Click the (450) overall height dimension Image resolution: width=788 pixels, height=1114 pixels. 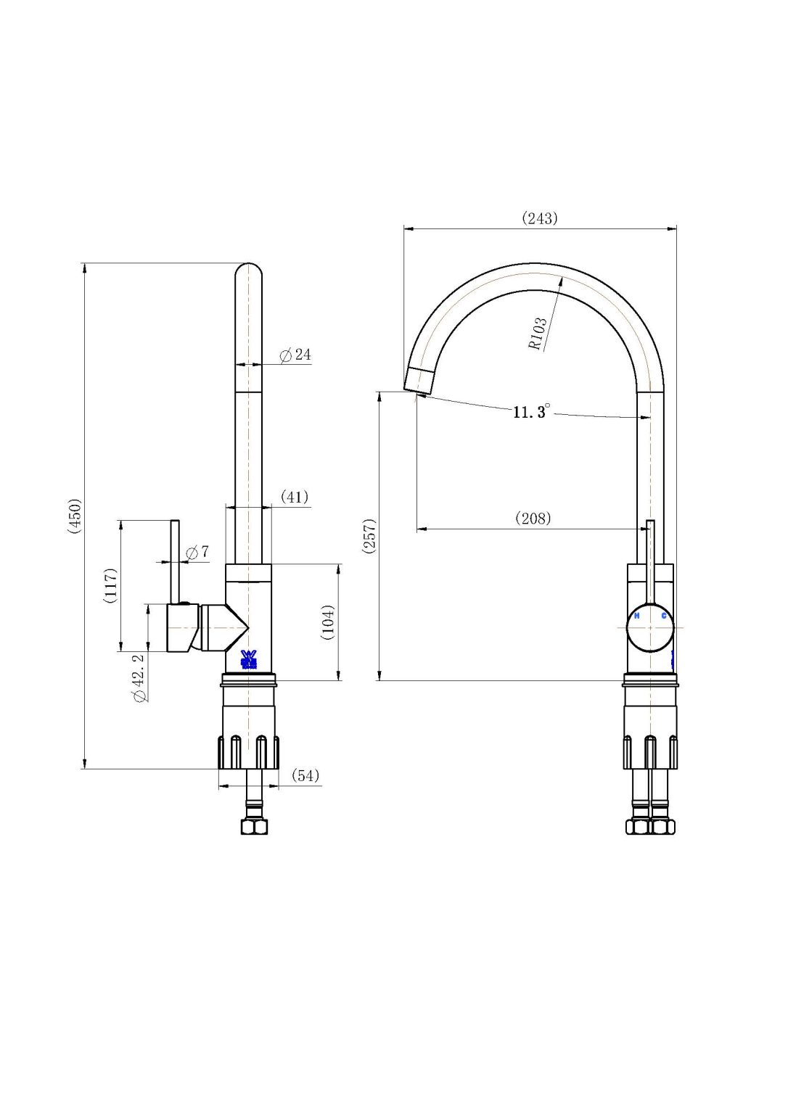tap(75, 516)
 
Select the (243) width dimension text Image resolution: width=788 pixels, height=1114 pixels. tap(540, 218)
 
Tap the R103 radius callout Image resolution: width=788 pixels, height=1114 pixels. tap(538, 334)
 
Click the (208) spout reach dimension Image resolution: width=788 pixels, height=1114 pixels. tap(533, 518)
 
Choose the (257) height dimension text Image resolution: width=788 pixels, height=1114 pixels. tap(369, 536)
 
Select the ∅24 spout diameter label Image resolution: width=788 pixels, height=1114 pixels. tap(296, 355)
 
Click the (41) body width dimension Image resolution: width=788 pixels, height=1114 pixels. tap(295, 497)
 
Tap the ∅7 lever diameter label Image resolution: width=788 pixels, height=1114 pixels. tap(197, 552)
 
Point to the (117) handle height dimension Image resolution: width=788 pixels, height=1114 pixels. tap(110, 585)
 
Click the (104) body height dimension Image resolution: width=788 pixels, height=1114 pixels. tap(328, 622)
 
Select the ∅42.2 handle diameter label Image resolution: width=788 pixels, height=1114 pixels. tap(139, 677)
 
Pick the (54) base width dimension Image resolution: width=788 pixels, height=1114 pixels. tap(305, 775)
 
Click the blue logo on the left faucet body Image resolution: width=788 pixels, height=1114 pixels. tap(249, 659)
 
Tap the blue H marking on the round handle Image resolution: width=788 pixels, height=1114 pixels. tap(636, 616)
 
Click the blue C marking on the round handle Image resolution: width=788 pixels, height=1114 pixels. tap(663, 616)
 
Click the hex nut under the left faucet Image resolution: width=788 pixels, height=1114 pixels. tap(254, 826)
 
